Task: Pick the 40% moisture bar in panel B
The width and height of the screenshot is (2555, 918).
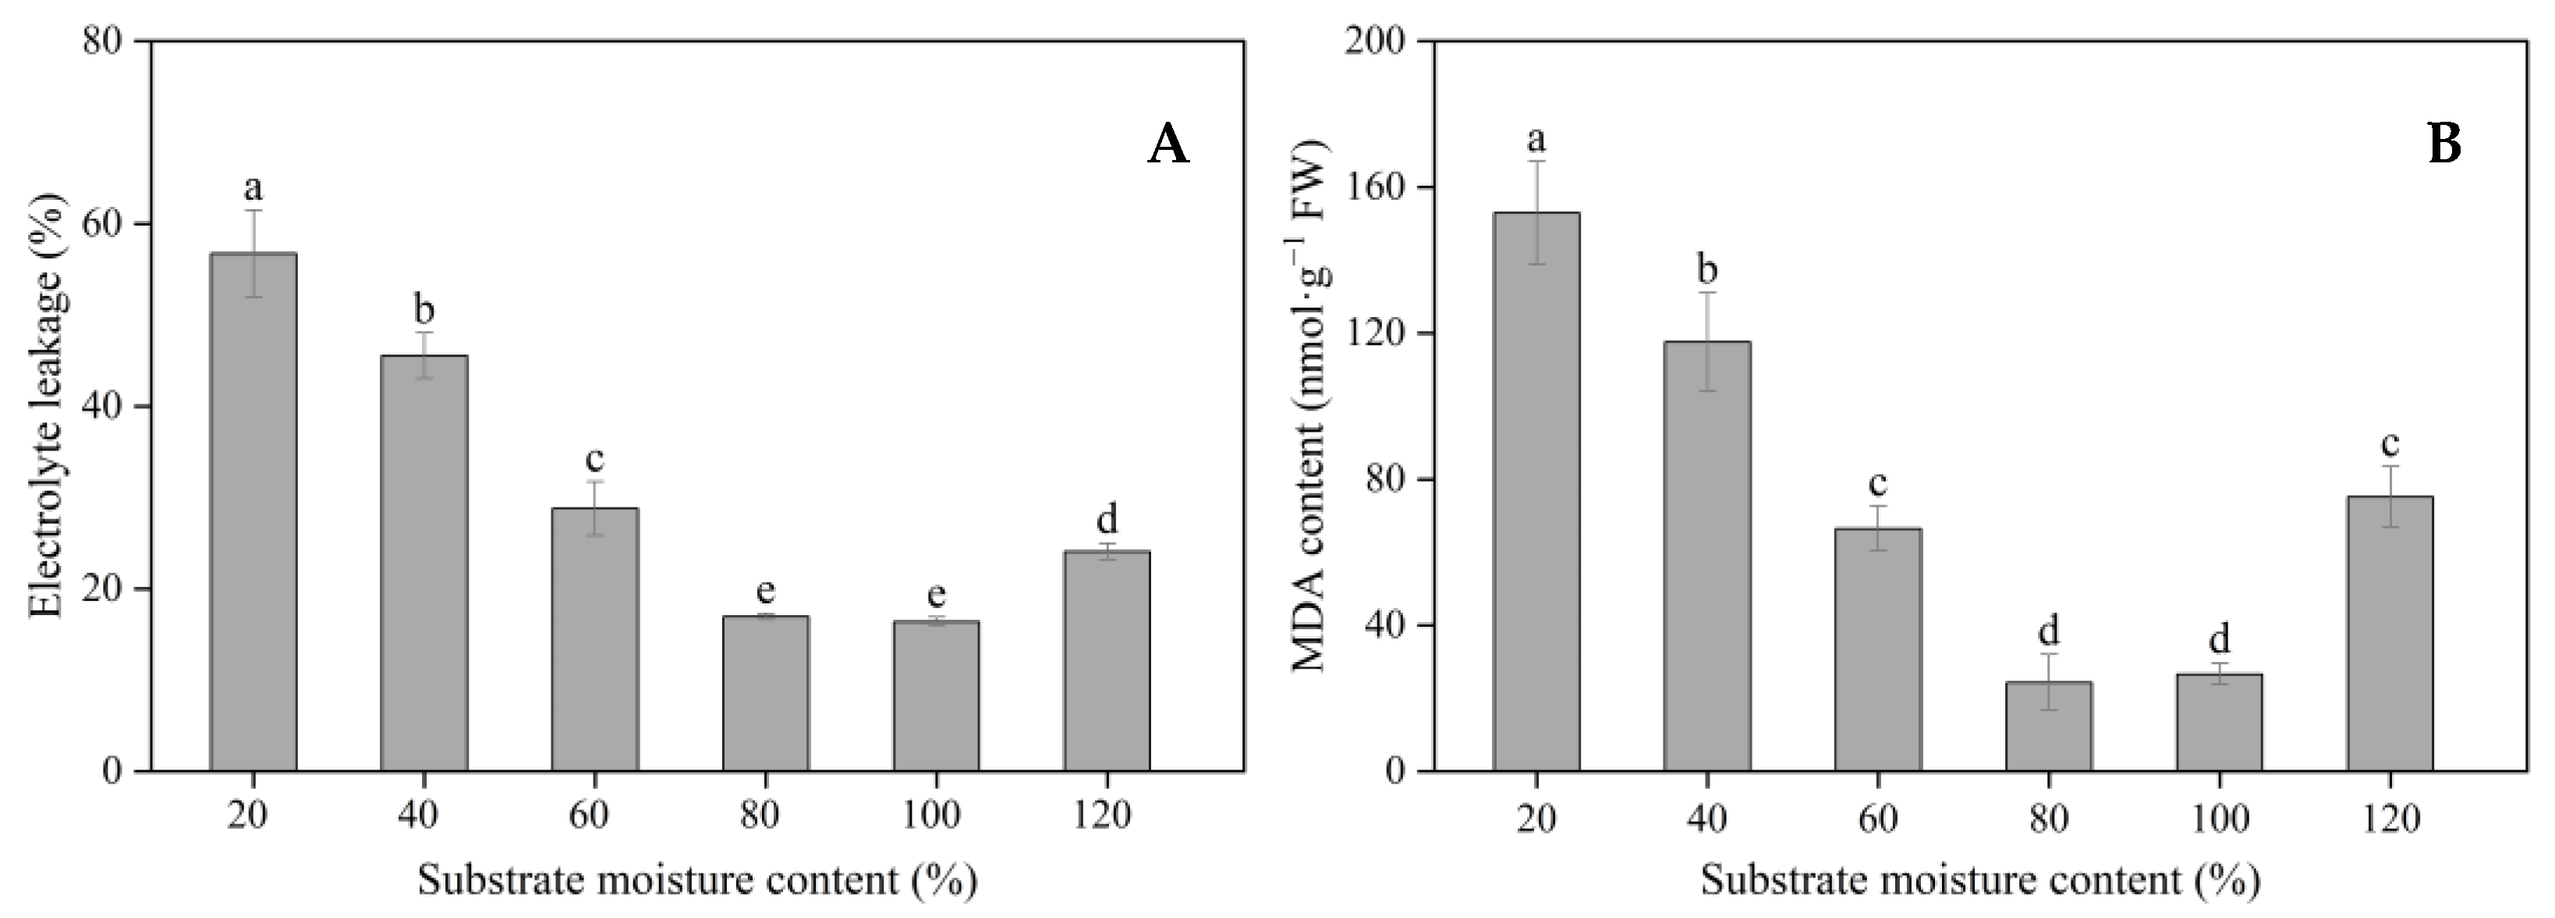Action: coord(1707,556)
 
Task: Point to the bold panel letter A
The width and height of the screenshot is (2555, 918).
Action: coord(1168,146)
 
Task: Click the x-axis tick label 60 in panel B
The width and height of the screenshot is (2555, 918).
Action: coord(1877,818)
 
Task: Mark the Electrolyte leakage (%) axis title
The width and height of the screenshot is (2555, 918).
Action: coord(45,406)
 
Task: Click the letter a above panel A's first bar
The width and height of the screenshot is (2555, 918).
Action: coord(254,187)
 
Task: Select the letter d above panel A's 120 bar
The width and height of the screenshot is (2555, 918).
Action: coord(1107,518)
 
